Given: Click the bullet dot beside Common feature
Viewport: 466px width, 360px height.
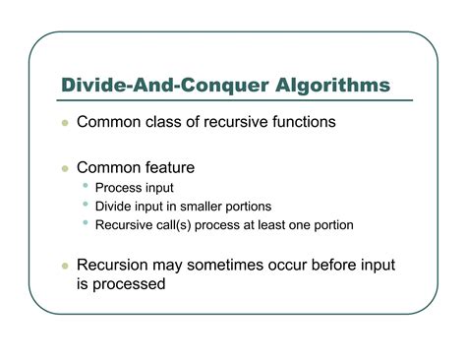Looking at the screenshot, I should pyautogui.click(x=64, y=168).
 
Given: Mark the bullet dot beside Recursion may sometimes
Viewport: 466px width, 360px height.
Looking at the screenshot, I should pyautogui.click(x=64, y=267).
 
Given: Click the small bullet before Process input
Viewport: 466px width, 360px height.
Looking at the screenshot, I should pyautogui.click(x=87, y=187).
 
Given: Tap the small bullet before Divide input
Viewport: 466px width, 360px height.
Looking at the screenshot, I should pyautogui.click(x=87, y=205).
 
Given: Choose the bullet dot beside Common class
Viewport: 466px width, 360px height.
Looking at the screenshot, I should pyautogui.click(x=64, y=125).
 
